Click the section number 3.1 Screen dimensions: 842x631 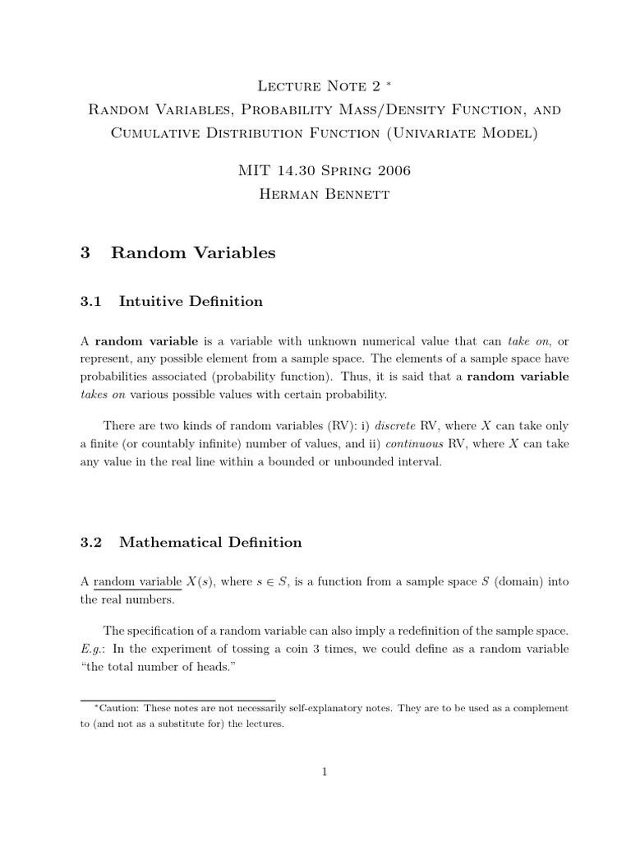(x=90, y=301)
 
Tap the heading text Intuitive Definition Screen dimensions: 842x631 (x=191, y=301)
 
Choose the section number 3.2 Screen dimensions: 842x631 (x=90, y=542)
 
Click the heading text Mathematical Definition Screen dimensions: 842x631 (x=210, y=542)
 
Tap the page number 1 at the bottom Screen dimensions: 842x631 (x=325, y=771)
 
